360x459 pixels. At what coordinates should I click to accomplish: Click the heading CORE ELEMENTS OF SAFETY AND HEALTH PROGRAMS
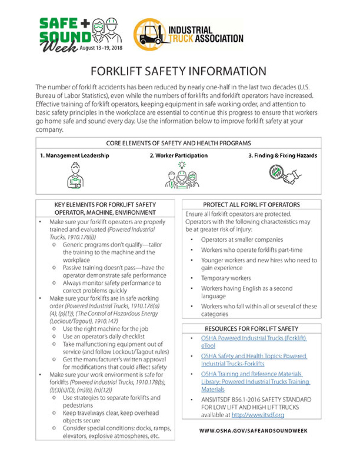tap(180, 143)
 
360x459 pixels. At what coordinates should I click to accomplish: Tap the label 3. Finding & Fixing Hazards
tap(282, 156)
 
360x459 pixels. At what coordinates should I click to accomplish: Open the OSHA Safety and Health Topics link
tap(255, 360)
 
